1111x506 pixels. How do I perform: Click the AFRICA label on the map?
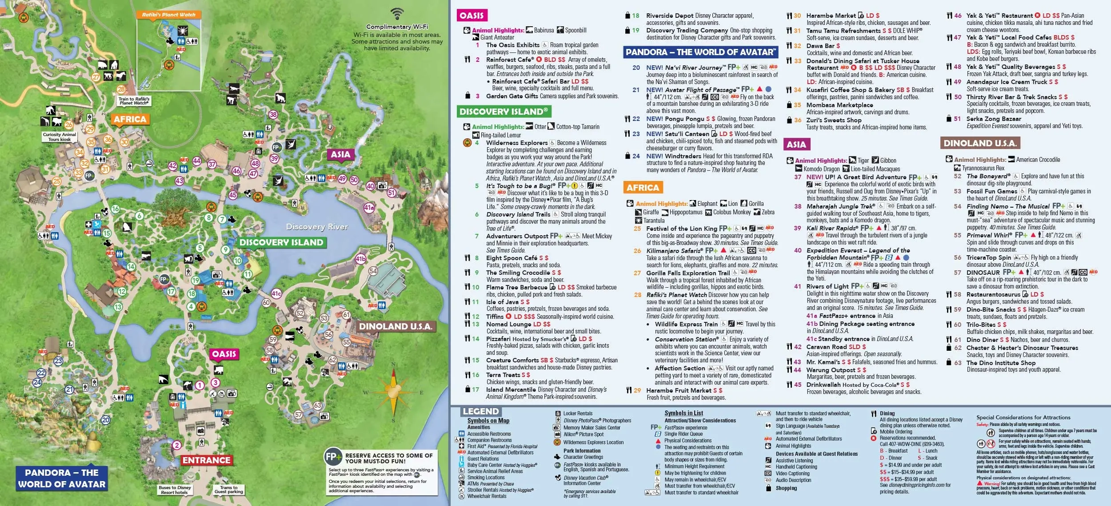click(x=130, y=119)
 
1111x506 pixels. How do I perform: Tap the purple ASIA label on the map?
click(x=340, y=154)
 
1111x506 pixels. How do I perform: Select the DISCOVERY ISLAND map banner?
click(x=281, y=242)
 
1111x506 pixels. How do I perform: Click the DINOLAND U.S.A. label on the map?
click(x=396, y=326)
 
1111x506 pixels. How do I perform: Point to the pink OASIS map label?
click(x=224, y=354)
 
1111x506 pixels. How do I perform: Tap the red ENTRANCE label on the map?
click(x=207, y=460)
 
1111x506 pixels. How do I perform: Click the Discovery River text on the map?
click(x=317, y=227)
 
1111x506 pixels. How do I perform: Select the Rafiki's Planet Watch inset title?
click(x=168, y=15)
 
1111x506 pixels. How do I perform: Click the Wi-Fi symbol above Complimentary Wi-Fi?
click(x=397, y=13)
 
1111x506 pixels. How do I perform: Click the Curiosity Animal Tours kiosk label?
click(x=60, y=137)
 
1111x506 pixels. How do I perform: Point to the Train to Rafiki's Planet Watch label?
click(x=134, y=101)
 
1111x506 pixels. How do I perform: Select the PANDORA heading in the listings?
click(x=701, y=52)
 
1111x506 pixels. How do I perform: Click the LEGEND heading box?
click(x=480, y=411)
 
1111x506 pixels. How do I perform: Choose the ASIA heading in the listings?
click(x=796, y=144)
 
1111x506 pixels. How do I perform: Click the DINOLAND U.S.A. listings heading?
click(x=980, y=143)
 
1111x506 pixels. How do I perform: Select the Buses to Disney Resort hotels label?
click(x=175, y=490)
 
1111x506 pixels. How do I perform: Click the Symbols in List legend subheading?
click(x=683, y=413)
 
